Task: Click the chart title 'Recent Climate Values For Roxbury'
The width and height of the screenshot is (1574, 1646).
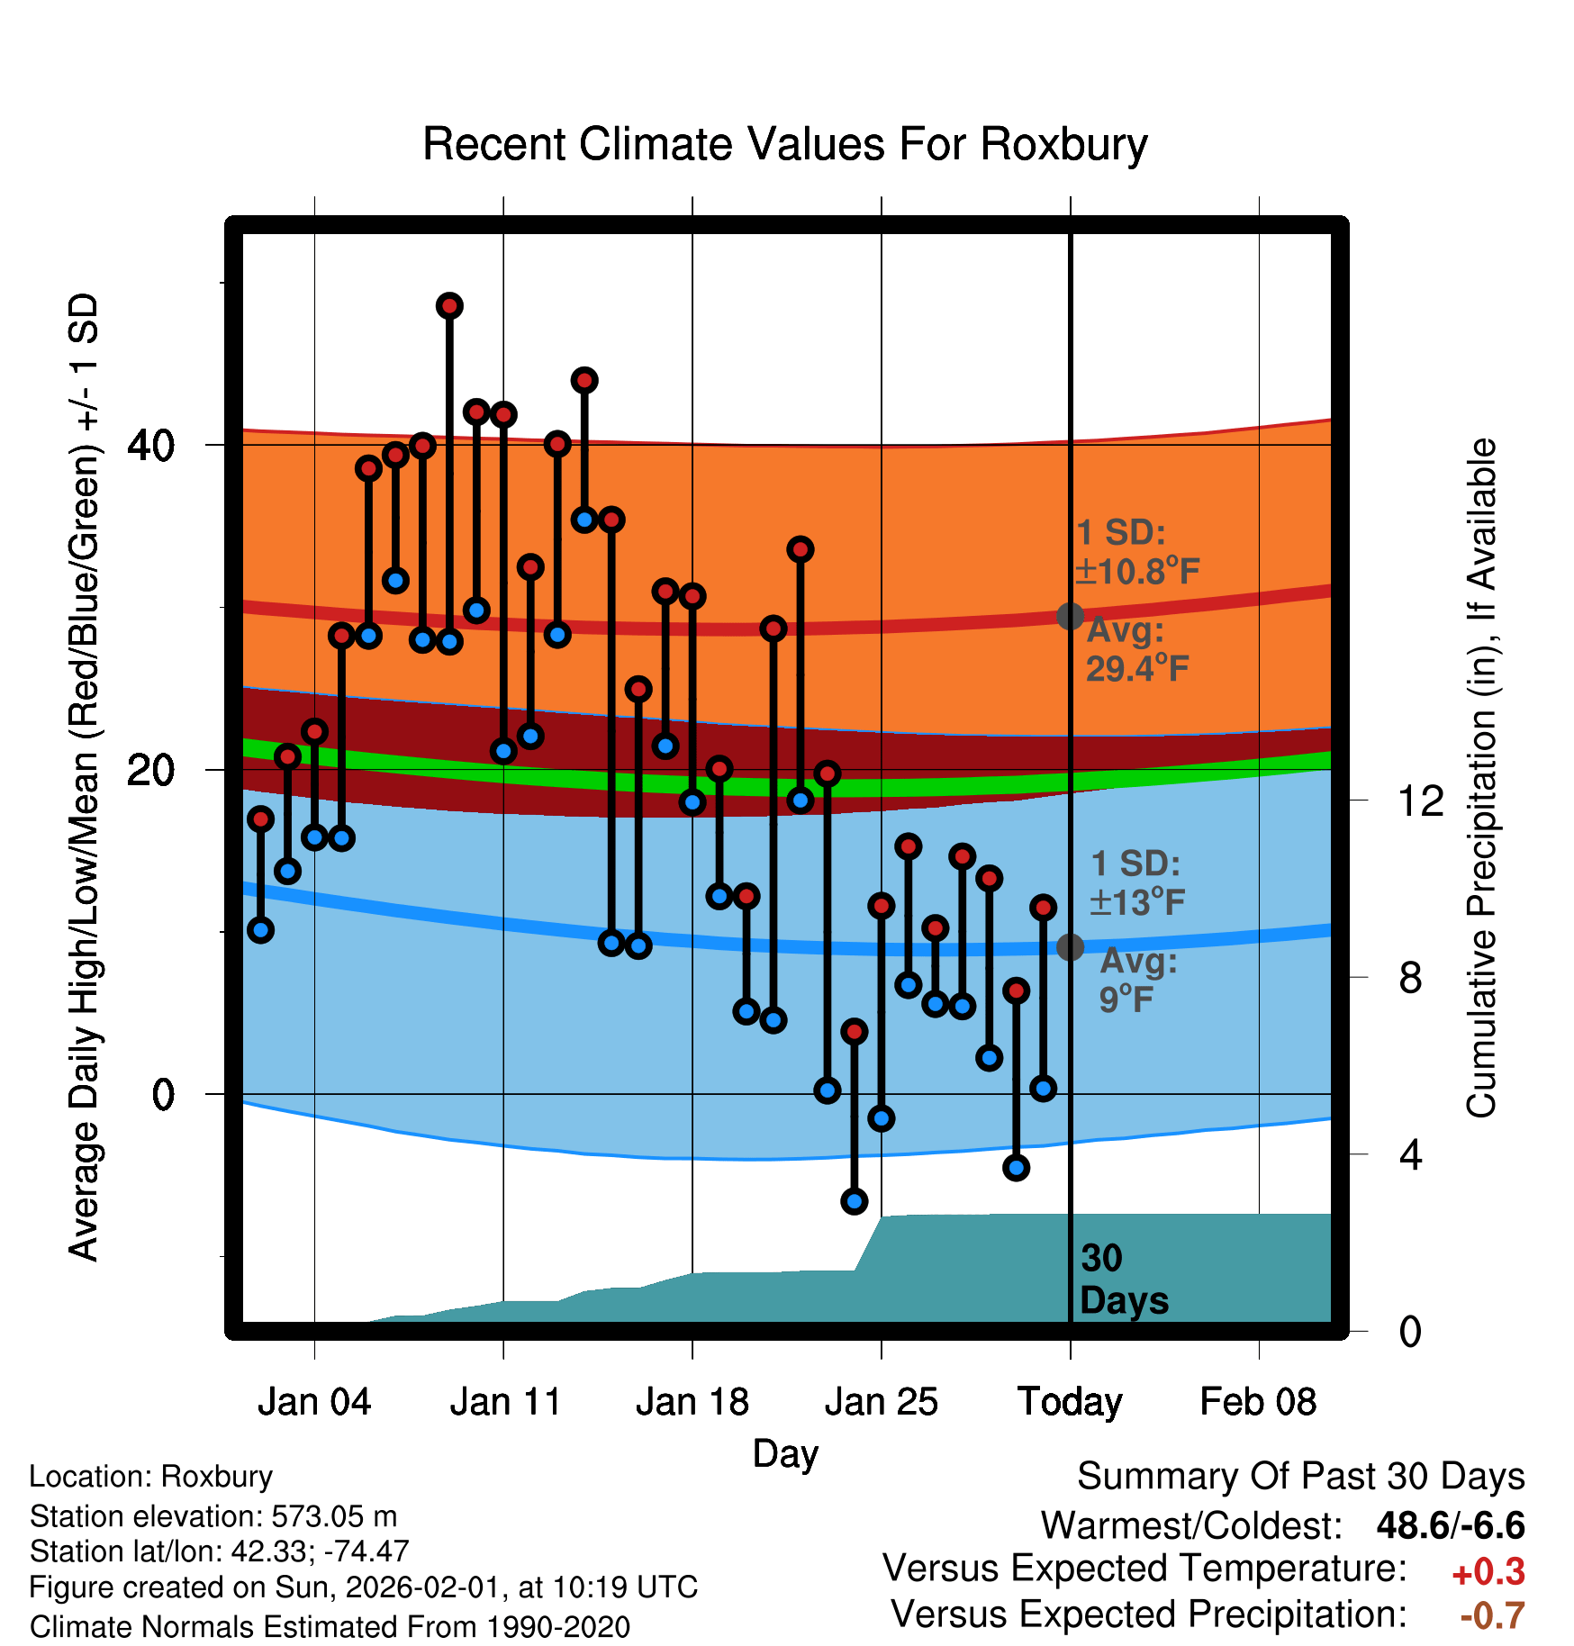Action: [785, 144]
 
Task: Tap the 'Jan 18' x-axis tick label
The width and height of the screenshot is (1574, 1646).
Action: [692, 1402]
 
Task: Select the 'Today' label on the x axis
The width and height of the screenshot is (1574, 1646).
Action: [1070, 1402]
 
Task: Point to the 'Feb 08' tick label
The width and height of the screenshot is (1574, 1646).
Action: [1258, 1402]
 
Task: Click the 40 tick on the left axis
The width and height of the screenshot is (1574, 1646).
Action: [150, 445]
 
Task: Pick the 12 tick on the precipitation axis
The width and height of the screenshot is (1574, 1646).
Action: [1421, 800]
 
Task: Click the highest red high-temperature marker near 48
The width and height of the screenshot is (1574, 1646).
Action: [449, 306]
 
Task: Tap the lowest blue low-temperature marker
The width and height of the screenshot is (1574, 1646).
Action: [854, 1200]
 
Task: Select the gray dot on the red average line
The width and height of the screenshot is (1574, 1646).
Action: [1070, 616]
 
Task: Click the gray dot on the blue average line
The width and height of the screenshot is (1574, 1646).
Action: [1070, 946]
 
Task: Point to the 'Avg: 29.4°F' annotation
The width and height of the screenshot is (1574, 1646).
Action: [1136, 649]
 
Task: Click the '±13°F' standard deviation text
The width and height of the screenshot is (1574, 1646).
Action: [1136, 901]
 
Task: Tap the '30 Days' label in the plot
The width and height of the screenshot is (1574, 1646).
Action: [1123, 1280]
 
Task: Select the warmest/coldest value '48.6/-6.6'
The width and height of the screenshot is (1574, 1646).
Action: [1450, 1525]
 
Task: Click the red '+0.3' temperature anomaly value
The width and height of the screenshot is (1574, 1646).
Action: [1488, 1572]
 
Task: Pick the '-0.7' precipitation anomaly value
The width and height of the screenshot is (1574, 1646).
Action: [1492, 1615]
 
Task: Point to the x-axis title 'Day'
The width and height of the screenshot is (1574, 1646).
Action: [785, 1453]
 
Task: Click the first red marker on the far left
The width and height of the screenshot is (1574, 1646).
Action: [260, 818]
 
